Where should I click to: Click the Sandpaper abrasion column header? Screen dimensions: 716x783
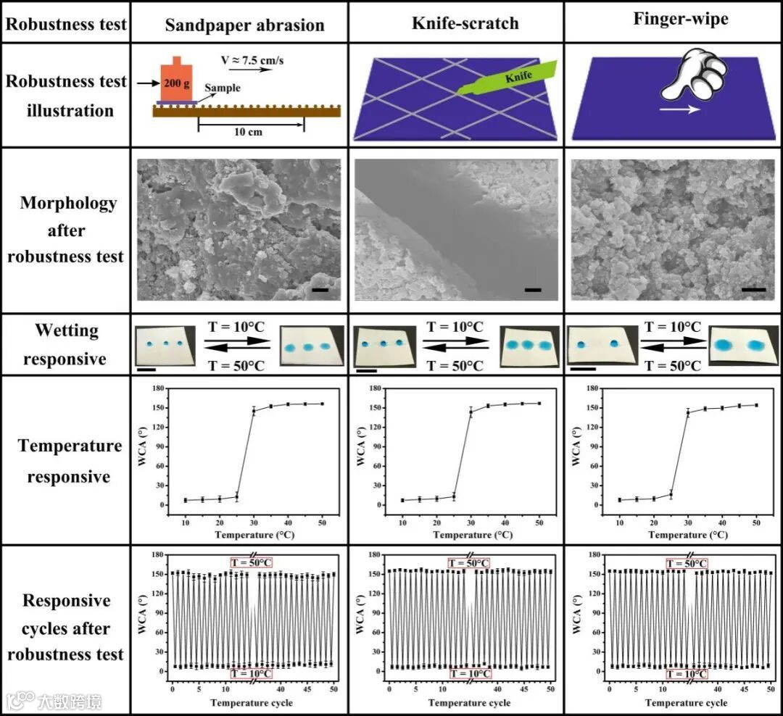244,25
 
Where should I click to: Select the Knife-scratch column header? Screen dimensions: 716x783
465,23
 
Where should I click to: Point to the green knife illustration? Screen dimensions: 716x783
507,80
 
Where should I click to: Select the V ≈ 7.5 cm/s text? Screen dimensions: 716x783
252,59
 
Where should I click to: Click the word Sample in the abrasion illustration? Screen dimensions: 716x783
222,88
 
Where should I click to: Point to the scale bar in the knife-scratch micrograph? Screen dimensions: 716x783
533,290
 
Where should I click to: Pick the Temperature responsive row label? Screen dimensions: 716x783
70,461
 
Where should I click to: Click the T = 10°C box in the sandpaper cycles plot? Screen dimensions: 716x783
252,673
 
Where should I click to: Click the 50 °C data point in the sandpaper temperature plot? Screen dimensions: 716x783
322,404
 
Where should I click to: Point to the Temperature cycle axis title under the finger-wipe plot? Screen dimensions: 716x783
686,703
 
